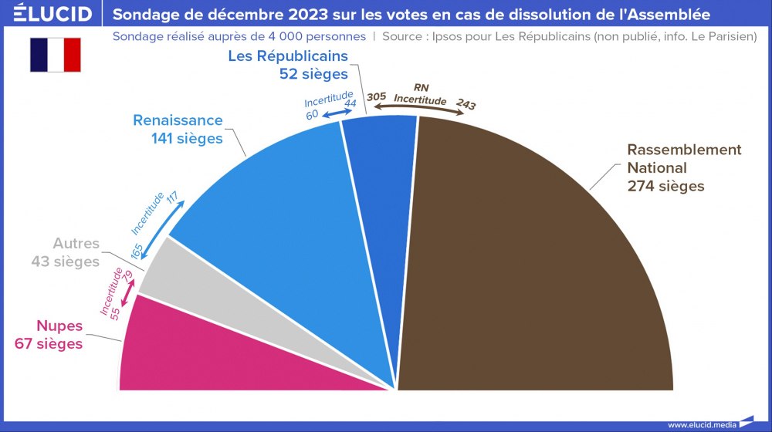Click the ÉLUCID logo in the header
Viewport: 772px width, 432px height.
tap(47, 14)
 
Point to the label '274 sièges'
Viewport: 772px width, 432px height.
tap(665, 186)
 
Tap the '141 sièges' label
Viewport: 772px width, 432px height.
tap(188, 139)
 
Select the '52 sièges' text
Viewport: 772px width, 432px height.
tap(313, 73)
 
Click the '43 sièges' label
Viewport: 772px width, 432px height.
tap(66, 262)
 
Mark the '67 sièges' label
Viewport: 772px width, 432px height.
tap(49, 343)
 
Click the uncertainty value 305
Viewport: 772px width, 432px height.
tap(376, 96)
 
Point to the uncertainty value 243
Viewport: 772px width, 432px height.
tap(466, 104)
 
